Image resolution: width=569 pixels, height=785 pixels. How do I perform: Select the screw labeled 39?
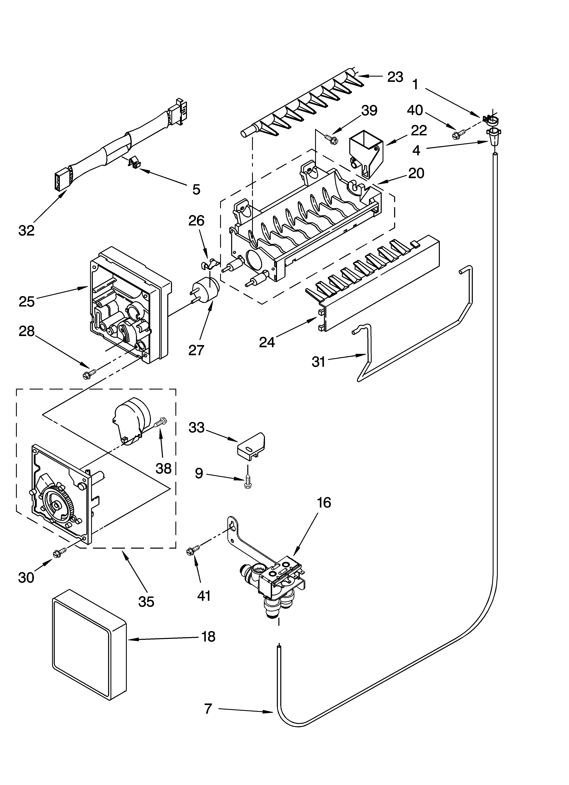[x=330, y=139]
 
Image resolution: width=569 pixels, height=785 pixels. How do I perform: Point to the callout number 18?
[x=208, y=637]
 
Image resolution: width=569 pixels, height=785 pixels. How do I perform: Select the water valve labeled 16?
[x=277, y=581]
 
